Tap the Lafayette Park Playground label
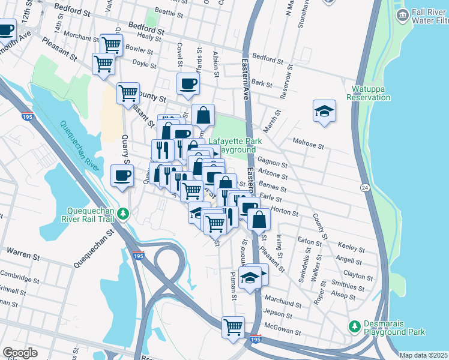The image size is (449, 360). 235,145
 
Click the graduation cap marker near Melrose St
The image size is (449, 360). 324,110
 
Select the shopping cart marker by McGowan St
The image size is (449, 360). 233,328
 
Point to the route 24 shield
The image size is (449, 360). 364,188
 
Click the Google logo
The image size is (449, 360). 20,352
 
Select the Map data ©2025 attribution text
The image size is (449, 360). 424,355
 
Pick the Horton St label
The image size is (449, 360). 285,212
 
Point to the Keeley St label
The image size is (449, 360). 352,247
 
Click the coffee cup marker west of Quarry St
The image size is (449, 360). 122,176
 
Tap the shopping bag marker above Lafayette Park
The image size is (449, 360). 203,115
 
